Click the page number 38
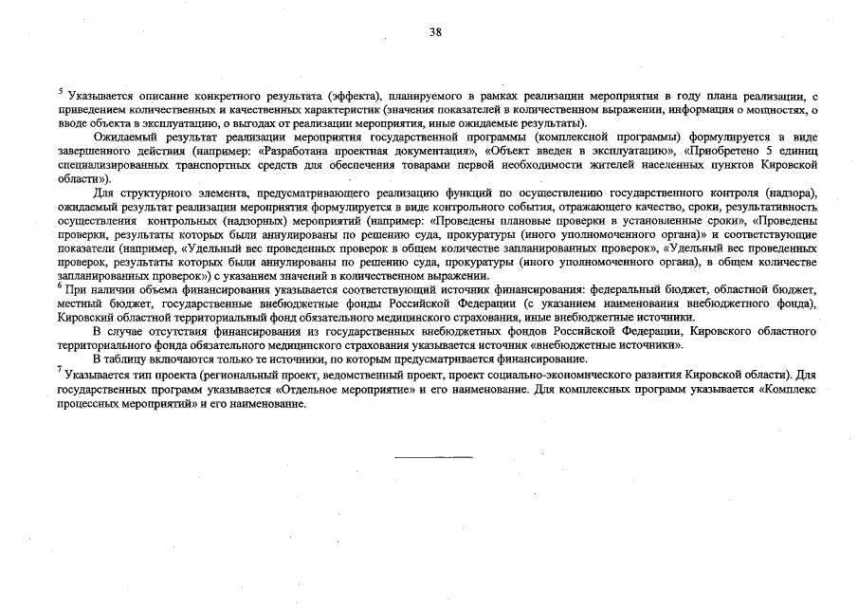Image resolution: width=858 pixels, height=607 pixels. [x=435, y=31]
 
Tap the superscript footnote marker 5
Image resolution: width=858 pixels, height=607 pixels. [x=60, y=91]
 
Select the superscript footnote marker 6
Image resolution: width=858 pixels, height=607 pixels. [x=60, y=284]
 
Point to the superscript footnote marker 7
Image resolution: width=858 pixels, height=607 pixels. [x=60, y=372]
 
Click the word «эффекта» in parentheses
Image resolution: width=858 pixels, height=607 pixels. [x=352, y=97]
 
